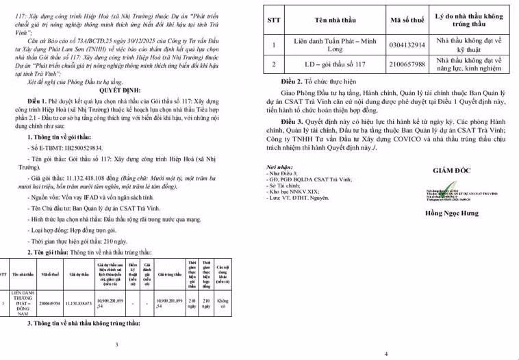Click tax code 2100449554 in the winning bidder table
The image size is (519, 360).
(50, 301)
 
